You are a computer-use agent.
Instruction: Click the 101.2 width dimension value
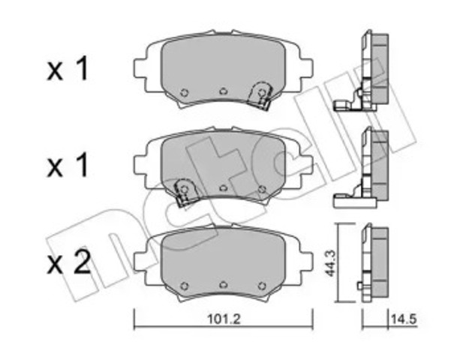click(x=224, y=319)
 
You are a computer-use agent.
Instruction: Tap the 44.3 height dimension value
click(x=329, y=263)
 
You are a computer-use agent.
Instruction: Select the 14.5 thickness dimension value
click(x=404, y=319)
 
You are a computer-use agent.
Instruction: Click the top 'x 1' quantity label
click(x=68, y=69)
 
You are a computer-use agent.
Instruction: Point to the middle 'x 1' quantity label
click(x=68, y=166)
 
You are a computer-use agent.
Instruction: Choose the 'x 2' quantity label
click(x=68, y=263)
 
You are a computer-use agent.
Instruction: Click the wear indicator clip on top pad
click(x=260, y=95)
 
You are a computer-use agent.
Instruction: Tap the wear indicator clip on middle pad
click(x=185, y=191)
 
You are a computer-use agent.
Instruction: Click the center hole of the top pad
click(x=224, y=91)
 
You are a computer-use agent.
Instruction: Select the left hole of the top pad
click(x=185, y=93)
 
